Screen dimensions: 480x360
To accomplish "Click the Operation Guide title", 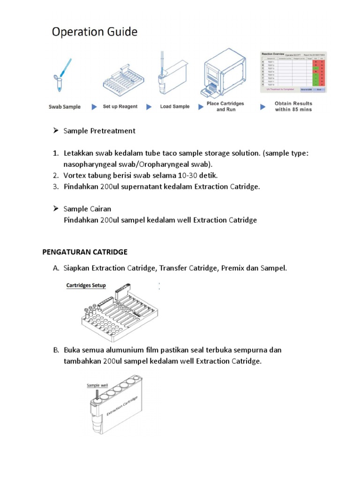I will click(95, 32).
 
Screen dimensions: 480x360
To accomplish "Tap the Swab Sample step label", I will click(65, 107).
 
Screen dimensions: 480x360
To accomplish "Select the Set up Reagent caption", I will click(120, 107).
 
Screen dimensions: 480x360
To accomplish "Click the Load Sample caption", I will click(175, 107).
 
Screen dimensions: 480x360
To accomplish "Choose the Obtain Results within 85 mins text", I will click(293, 106).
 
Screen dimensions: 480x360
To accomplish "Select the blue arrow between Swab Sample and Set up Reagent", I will click(92, 107).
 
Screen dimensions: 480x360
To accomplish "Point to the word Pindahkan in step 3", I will click(81, 187).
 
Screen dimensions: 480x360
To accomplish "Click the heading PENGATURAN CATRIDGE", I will click(85, 252).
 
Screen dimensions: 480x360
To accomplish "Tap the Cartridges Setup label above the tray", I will click(86, 285).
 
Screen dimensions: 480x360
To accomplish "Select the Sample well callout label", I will click(97, 385).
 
